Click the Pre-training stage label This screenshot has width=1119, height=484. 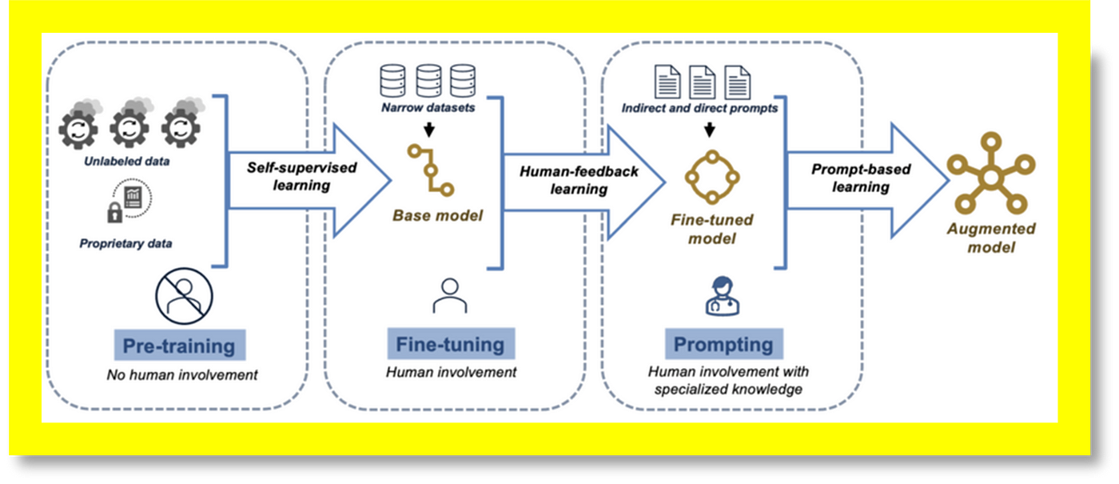[x=178, y=346]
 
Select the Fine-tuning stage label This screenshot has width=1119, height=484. [x=450, y=344]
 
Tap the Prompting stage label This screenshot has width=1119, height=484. [x=723, y=344]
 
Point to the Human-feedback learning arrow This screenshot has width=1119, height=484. [x=575, y=180]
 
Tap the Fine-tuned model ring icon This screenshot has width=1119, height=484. [x=711, y=177]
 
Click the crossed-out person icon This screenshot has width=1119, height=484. [x=184, y=296]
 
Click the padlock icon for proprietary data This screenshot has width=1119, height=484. [x=114, y=211]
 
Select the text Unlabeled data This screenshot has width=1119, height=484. [x=132, y=162]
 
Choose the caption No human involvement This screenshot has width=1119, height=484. [x=182, y=374]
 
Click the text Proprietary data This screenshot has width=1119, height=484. [x=125, y=243]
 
